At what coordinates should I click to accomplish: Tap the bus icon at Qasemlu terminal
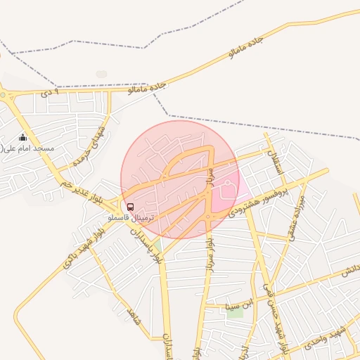(130, 206)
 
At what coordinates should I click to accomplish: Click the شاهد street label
(134, 316)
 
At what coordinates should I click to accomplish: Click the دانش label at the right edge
(351, 271)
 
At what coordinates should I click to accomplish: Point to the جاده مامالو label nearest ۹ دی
(147, 88)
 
